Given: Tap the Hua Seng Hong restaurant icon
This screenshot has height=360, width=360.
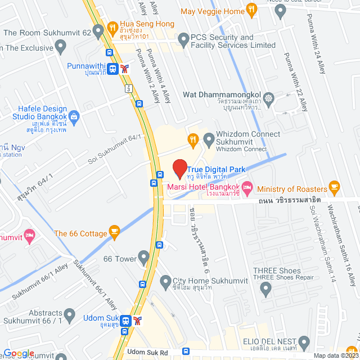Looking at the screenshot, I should click(x=112, y=26).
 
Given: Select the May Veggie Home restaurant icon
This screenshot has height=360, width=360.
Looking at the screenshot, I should click(x=251, y=10).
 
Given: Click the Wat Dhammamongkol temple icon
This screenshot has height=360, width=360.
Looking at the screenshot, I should click(x=269, y=97).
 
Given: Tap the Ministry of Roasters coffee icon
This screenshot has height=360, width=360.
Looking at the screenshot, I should click(x=335, y=187).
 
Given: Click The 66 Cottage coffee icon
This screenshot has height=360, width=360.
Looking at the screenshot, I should click(x=115, y=231).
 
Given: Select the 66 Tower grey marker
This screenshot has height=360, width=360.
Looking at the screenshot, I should click(x=144, y=259).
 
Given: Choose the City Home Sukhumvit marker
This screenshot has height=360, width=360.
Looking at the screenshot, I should click(x=165, y=281).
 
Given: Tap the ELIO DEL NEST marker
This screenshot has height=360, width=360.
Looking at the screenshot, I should click(x=304, y=341).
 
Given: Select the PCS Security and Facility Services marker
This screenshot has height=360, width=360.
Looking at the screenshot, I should click(x=183, y=39).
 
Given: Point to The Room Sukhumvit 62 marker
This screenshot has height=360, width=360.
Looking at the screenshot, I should click(x=99, y=33).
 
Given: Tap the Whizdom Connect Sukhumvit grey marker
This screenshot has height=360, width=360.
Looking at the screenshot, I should click(x=209, y=138).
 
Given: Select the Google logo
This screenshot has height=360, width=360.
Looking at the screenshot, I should click(x=19, y=353).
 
